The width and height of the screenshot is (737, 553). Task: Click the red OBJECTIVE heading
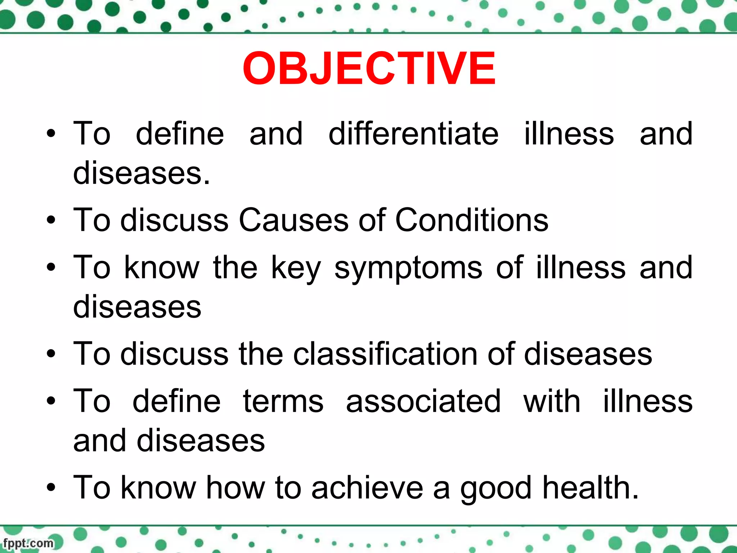point(369,68)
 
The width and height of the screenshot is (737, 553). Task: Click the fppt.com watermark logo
point(28,543)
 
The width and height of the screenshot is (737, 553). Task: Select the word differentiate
point(413,134)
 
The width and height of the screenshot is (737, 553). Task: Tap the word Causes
point(293,220)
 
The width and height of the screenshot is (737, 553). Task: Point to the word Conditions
point(472,220)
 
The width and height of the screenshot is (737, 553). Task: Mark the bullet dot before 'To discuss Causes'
point(51,220)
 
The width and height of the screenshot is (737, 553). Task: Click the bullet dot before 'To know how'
point(51,487)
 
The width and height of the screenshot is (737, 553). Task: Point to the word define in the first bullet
point(180,134)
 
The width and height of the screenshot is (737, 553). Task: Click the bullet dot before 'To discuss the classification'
point(51,354)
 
